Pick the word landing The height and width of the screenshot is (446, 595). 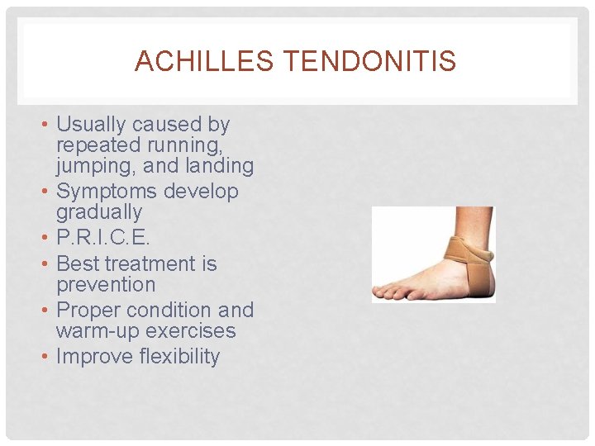219,166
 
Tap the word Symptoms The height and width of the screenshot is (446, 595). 106,192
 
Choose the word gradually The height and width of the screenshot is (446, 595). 99,212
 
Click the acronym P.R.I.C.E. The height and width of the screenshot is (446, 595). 102,238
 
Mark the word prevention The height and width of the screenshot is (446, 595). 106,285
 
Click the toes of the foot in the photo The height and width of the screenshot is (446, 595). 388,292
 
